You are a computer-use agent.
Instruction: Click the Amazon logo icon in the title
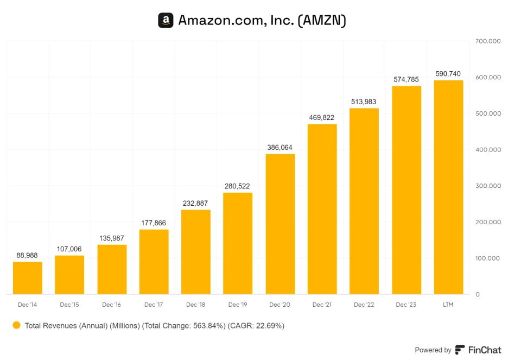pos(166,21)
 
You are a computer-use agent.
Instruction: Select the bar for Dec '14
pos(28,278)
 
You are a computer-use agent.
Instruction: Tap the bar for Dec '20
pos(280,224)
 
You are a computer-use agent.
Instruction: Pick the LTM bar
pos(448,187)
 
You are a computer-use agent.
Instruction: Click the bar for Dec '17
pos(154,262)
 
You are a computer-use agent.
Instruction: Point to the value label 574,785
pos(406,79)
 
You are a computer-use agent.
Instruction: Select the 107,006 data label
pos(69,249)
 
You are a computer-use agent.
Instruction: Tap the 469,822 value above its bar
pos(322,117)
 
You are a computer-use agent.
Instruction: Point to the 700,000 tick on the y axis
pos(487,41)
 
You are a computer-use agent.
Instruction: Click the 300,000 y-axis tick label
pos(487,186)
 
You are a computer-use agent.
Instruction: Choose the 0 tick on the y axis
pos(478,294)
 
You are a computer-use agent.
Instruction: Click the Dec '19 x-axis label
pos(238,305)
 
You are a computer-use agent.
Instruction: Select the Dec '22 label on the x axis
pos(364,305)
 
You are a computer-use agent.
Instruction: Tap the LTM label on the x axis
pos(448,305)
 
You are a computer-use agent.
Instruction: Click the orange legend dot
pos(16,325)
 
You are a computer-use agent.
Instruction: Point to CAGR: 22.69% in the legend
pos(256,326)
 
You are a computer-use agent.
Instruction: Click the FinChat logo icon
pos(460,350)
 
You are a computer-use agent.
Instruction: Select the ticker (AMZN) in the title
pos(322,21)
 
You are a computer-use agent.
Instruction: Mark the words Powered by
pos(433,350)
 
